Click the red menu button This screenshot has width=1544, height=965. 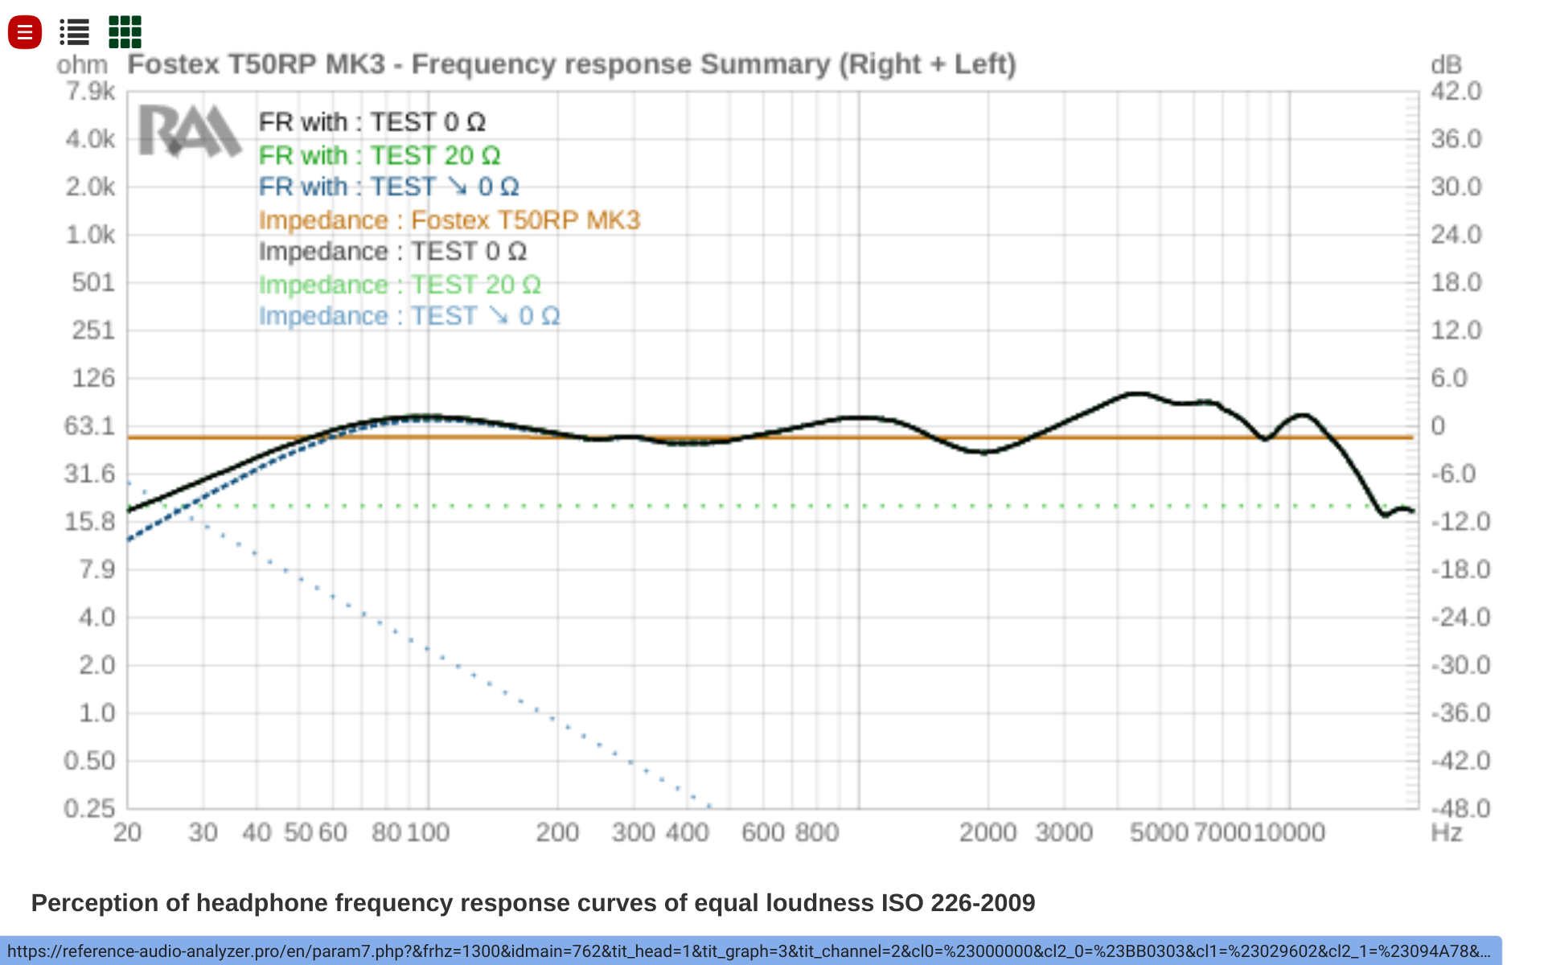(25, 32)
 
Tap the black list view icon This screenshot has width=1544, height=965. (74, 32)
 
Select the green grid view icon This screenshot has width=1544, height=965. (125, 32)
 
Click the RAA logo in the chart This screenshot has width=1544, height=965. (190, 131)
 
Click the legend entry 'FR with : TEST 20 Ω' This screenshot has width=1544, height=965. (379, 155)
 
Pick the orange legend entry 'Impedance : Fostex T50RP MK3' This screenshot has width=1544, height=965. (449, 220)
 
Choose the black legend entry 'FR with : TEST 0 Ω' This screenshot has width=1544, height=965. (372, 122)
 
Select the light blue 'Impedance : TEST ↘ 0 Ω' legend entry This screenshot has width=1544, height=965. (409, 316)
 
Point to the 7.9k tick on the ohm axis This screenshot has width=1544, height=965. (90, 92)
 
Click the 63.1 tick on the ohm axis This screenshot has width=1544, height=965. (90, 425)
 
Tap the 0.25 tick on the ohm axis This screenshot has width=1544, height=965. (90, 807)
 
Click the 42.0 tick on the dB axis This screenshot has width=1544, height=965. (1456, 92)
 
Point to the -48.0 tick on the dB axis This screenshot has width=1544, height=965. (1460, 807)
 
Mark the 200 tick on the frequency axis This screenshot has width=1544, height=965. (557, 832)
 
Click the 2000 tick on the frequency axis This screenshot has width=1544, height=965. (988, 832)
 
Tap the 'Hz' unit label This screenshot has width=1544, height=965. (1446, 832)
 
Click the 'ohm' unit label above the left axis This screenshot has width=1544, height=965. (82, 65)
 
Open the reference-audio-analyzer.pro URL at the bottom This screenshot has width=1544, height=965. (748, 951)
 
